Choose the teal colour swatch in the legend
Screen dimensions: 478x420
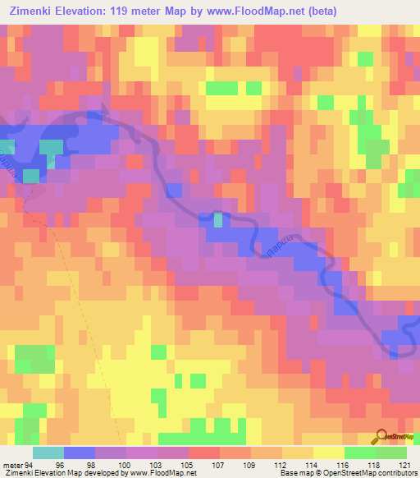pos(48,453)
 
